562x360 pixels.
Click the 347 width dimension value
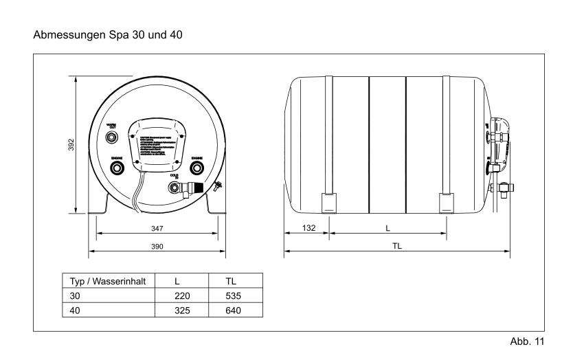coord(157,226)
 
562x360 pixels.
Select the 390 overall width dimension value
coord(157,245)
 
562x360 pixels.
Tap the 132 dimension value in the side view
coord(306,226)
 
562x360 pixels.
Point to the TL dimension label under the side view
coord(397,245)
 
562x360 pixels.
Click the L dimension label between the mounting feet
coord(389,226)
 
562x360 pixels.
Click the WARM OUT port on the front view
coord(113,137)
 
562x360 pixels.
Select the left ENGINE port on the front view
coord(117,167)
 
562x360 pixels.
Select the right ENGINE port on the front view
coord(196,167)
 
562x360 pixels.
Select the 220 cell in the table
coord(181,296)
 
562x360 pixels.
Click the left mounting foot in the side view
coord(329,203)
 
